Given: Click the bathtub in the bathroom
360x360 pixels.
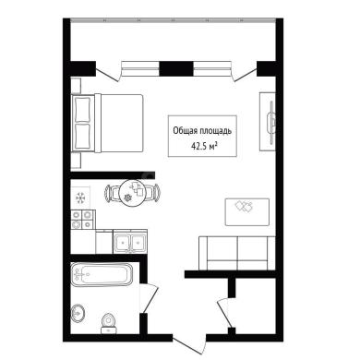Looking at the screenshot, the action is click(102, 274).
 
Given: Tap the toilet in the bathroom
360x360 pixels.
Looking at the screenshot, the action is click(108, 323).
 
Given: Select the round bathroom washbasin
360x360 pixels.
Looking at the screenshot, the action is click(78, 314).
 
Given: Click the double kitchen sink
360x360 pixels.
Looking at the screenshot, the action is click(130, 242).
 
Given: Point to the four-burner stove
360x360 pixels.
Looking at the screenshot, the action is click(82, 220).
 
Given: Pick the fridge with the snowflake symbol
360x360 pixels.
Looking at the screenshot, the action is click(80, 198).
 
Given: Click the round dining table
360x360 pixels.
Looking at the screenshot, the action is click(132, 193).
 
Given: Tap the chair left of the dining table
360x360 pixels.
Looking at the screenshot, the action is click(112, 193).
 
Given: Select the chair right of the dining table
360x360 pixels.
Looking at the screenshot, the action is click(152, 193).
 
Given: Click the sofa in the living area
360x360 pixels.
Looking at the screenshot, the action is click(237, 253).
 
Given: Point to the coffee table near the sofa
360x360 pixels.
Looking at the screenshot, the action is click(247, 212).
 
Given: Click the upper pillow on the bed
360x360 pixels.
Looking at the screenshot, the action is click(83, 110).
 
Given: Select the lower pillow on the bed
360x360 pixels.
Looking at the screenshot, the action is click(83, 137).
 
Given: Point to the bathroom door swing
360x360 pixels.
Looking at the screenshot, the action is click(149, 298).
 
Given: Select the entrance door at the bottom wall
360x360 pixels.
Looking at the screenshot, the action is click(188, 344).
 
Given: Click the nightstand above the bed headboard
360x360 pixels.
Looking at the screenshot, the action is click(76, 86).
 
